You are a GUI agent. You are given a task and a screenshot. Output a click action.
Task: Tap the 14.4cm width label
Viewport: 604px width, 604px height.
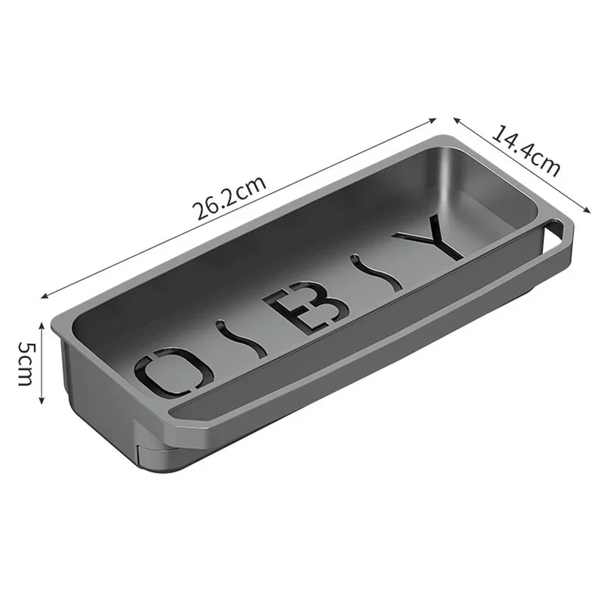point(526,150)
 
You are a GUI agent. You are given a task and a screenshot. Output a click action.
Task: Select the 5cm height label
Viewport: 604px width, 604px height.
point(25,362)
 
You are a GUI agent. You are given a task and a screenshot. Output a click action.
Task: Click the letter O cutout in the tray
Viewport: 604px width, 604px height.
point(172,371)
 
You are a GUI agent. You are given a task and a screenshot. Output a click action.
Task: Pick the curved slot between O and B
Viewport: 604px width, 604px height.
point(241,341)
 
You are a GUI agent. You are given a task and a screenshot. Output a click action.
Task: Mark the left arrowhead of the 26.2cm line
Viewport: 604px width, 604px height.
point(44,295)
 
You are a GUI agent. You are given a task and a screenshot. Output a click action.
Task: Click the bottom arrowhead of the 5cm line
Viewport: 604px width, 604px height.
point(42,402)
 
